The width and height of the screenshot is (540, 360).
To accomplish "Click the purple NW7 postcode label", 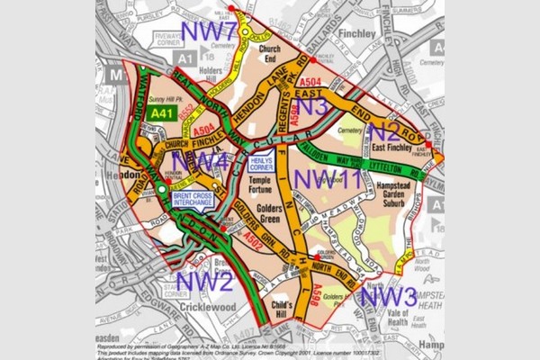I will (209, 31).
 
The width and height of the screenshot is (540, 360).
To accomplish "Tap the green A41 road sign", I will (162, 114).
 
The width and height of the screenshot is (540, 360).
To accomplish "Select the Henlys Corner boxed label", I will (261, 164).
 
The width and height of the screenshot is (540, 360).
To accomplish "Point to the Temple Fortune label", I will (266, 185).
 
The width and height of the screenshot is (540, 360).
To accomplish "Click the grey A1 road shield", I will (186, 58).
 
